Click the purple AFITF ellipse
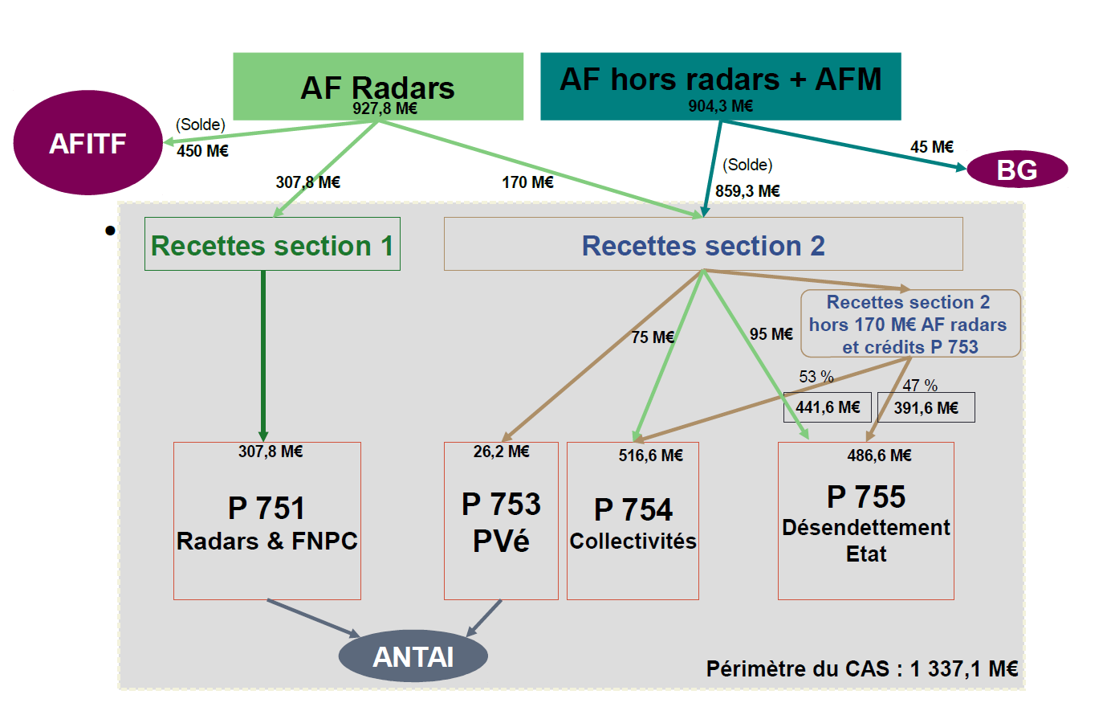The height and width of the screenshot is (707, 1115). (x=87, y=143)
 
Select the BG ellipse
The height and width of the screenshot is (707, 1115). (x=1016, y=170)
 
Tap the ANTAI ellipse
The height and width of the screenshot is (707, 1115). (x=413, y=656)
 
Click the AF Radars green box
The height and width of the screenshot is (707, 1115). (x=377, y=86)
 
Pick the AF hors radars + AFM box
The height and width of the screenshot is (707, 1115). (x=720, y=86)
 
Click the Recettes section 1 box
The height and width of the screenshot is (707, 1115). (x=272, y=244)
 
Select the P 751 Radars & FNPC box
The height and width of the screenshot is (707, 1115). (x=267, y=521)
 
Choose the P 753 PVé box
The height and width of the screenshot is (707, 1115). (x=501, y=521)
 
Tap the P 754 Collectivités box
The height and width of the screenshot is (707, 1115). (x=633, y=521)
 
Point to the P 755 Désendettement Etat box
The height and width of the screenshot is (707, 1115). (x=865, y=521)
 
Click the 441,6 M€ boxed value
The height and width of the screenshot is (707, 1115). (x=828, y=407)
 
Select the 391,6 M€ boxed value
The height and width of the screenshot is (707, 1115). (x=926, y=407)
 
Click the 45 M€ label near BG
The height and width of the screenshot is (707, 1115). (x=931, y=147)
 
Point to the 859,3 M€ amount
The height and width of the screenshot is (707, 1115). (x=747, y=191)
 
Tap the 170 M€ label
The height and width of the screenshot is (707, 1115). (x=527, y=182)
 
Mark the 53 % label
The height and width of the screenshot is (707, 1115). (x=816, y=377)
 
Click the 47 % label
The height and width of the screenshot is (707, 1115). (x=920, y=386)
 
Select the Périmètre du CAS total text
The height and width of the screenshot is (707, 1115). (x=861, y=668)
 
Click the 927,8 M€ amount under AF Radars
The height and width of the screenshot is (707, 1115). (x=385, y=108)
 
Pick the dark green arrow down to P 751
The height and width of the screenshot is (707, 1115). (x=262, y=353)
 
